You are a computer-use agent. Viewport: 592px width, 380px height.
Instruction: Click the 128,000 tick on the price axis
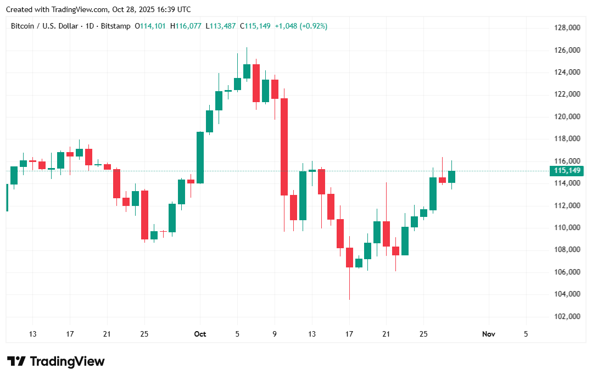click(567, 27)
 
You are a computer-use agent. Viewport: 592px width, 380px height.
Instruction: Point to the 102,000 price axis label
click(567, 316)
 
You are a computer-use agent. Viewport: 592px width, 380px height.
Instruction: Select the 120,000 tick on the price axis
click(567, 116)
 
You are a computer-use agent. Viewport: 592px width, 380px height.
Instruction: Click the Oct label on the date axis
click(200, 334)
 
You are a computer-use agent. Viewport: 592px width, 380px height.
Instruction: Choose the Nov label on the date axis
click(488, 334)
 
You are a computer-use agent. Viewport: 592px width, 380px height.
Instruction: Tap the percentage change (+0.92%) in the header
click(314, 26)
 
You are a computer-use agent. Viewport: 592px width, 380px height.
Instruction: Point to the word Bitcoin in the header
click(23, 26)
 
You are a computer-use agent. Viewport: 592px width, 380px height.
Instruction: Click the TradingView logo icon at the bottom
click(17, 361)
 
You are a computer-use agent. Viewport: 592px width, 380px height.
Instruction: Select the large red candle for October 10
click(284, 147)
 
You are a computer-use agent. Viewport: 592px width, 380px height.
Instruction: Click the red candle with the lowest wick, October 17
click(349, 257)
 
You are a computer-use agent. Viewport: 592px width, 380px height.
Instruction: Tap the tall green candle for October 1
click(200, 157)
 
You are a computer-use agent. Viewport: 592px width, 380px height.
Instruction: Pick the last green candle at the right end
click(451, 176)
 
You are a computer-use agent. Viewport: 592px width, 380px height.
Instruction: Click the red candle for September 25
click(144, 215)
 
